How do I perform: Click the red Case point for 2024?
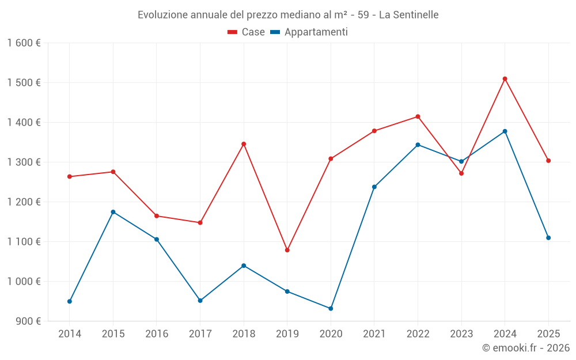pyautogui.click(x=505, y=79)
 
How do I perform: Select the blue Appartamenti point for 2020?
pyautogui.click(x=331, y=309)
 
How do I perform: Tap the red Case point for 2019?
pyautogui.click(x=287, y=250)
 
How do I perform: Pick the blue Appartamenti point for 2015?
pyautogui.click(x=113, y=212)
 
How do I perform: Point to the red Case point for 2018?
pyautogui.click(x=244, y=144)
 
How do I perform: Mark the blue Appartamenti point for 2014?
pyautogui.click(x=70, y=301)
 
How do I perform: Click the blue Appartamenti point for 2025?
pyautogui.click(x=548, y=238)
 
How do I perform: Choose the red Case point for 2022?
pyautogui.click(x=418, y=117)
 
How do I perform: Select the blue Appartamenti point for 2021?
pyautogui.click(x=374, y=187)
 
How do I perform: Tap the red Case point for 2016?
pyautogui.click(x=157, y=216)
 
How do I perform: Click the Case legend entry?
pyautogui.click(x=247, y=32)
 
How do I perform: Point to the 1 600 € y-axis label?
pyautogui.click(x=24, y=43)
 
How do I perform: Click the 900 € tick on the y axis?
pyautogui.click(x=28, y=321)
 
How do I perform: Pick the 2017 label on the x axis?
pyautogui.click(x=200, y=334)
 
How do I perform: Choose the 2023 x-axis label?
pyautogui.click(x=461, y=334)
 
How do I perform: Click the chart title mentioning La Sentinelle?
pyautogui.click(x=288, y=15)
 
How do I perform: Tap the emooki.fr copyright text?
pyautogui.click(x=525, y=348)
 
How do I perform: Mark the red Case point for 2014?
pyautogui.click(x=70, y=177)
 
